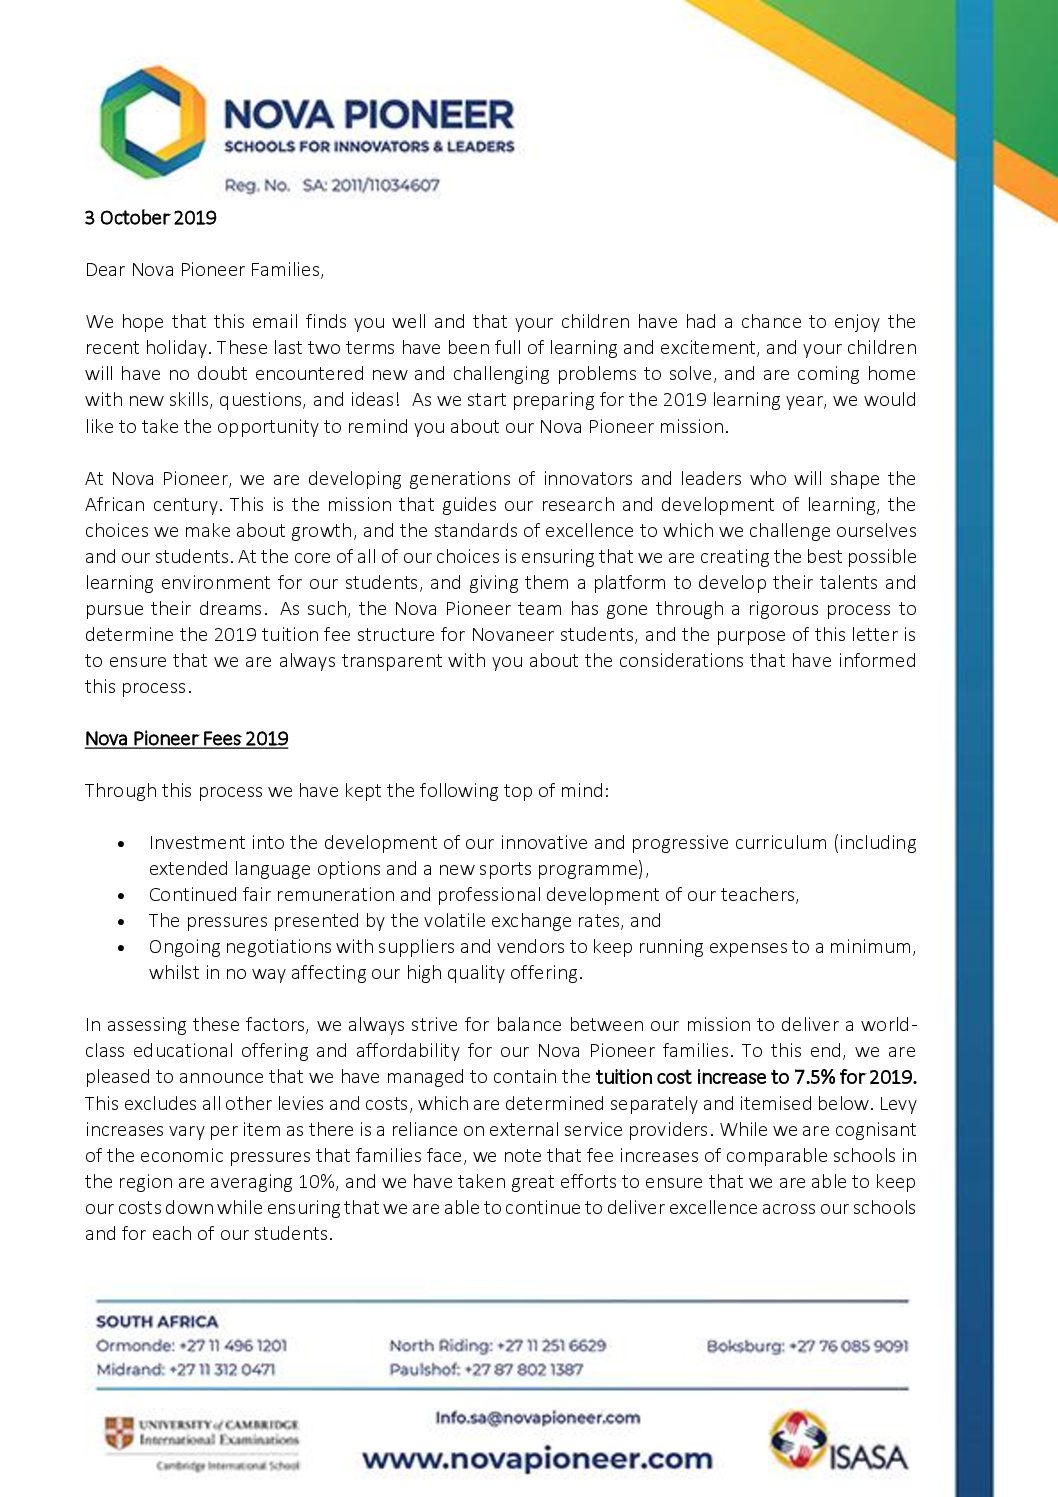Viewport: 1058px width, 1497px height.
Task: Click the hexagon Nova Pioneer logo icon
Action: pyautogui.click(x=152, y=122)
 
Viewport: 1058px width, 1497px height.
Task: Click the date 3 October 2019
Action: pyautogui.click(x=150, y=218)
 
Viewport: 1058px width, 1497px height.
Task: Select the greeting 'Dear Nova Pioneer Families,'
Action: pyautogui.click(x=205, y=270)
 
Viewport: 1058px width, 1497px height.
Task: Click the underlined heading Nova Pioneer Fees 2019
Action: pyautogui.click(x=187, y=739)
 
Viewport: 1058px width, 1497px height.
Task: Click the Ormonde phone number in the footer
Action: pyautogui.click(x=233, y=1346)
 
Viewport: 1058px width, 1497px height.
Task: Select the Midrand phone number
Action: pyautogui.click(x=222, y=1370)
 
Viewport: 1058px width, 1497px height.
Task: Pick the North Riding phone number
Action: pyautogui.click(x=551, y=1346)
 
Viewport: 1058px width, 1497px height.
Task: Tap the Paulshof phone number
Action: pyautogui.click(x=523, y=1370)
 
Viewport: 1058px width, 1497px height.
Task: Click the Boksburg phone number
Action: pyautogui.click(x=849, y=1346)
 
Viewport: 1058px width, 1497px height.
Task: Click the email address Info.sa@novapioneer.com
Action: pyautogui.click(x=538, y=1418)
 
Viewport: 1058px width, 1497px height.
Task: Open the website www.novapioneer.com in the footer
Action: pyautogui.click(x=538, y=1458)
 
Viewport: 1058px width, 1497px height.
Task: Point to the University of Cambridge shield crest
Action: pyautogui.click(x=119, y=1432)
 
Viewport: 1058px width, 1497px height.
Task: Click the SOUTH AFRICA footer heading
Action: pyautogui.click(x=157, y=1322)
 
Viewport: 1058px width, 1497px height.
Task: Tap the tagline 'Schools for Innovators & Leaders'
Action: pyautogui.click(x=369, y=147)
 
